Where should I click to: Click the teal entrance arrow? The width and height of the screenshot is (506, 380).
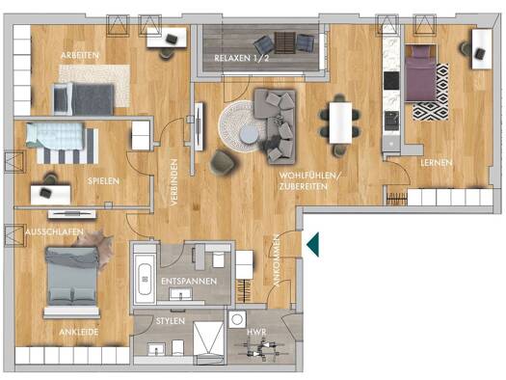pos(313,244)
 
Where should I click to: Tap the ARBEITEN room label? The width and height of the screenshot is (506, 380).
pos(80,55)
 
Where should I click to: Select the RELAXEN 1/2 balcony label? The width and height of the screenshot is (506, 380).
pos(242,58)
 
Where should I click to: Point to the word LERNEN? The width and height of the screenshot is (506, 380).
pos(437,163)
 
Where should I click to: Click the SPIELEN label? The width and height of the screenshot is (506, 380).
pos(103,181)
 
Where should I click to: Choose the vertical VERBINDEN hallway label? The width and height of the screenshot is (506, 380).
pos(173,182)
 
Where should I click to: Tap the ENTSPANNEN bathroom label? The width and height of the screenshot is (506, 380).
pos(189,282)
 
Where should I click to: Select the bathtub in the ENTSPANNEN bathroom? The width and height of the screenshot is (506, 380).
pos(145,279)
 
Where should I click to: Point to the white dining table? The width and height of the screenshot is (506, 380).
pos(340,122)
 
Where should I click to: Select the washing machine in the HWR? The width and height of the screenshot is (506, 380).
pos(237,319)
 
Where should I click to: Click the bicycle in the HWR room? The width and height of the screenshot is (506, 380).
pos(262,348)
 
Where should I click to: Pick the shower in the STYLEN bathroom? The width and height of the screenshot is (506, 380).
pos(208,342)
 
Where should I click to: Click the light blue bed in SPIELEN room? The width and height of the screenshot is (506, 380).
pos(55,136)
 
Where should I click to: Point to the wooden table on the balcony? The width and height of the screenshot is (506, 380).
pos(284,42)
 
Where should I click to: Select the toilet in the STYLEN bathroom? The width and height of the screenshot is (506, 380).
pos(177,348)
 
